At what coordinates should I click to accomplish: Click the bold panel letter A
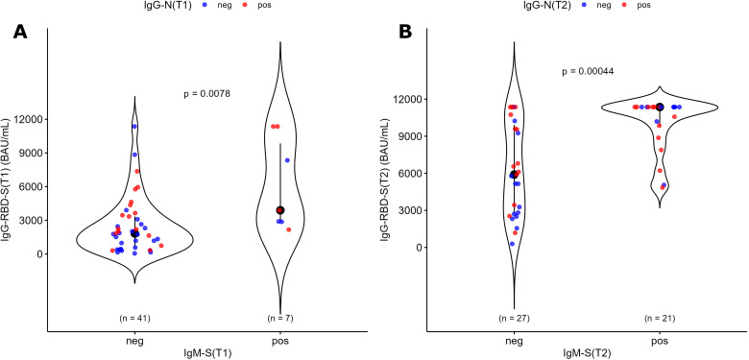(x=21, y=32)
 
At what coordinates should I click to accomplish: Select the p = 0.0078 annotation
(x=207, y=94)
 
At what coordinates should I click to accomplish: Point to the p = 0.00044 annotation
(x=588, y=72)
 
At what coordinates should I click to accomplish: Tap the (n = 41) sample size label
(x=134, y=318)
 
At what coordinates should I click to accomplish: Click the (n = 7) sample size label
(x=280, y=318)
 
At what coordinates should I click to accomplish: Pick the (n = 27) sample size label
(x=514, y=318)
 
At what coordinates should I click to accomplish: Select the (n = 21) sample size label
(x=660, y=318)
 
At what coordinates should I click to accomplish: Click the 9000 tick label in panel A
(x=30, y=153)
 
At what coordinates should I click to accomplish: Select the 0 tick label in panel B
(x=418, y=248)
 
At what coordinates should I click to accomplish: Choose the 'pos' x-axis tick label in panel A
(x=280, y=342)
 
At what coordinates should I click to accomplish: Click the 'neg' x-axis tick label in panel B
(x=514, y=342)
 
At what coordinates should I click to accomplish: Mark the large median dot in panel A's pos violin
(x=280, y=210)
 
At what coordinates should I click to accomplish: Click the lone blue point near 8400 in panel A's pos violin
(x=287, y=160)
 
